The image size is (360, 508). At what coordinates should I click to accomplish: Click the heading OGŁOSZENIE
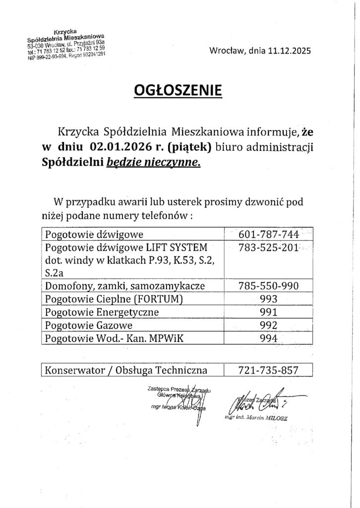coord(179,91)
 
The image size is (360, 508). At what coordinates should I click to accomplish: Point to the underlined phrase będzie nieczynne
coord(154,161)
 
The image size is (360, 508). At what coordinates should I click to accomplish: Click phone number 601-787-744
coord(268,234)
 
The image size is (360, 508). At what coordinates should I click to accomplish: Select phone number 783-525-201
coord(268,247)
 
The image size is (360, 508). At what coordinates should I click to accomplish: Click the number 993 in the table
coord(268,299)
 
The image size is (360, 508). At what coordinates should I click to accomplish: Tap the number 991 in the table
coord(268,312)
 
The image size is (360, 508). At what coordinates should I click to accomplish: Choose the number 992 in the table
coord(268,325)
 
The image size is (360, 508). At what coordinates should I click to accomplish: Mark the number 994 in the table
coord(268,338)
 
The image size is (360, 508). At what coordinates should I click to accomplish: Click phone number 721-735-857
coord(268,370)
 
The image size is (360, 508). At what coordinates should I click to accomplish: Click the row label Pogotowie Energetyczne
coord(101,312)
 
